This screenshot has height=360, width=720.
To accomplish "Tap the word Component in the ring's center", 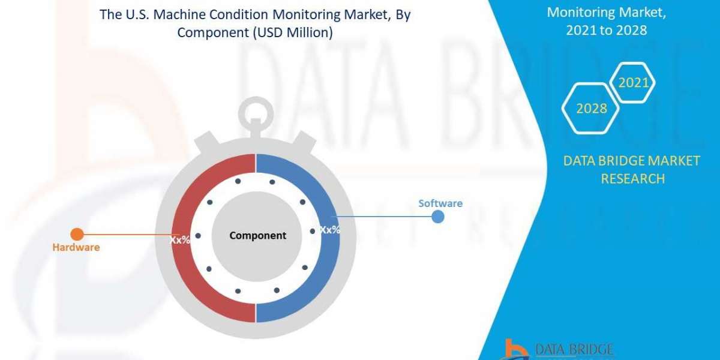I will pyautogui.click(x=258, y=236).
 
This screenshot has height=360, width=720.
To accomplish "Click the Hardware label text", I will pyautogui.click(x=76, y=247).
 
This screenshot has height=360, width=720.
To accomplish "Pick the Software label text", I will pyautogui.click(x=440, y=203).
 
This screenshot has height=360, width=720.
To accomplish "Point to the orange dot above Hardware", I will pyautogui.click(x=77, y=235).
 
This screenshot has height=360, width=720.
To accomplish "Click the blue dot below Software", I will pyautogui.click(x=439, y=217).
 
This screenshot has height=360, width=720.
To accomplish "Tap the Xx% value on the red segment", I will pyautogui.click(x=179, y=239).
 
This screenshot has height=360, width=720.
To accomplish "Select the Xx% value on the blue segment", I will pyautogui.click(x=329, y=230).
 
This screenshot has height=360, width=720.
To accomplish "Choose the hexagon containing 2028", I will pyautogui.click(x=591, y=109).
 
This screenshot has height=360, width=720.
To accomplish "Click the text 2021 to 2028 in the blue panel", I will pyautogui.click(x=606, y=30).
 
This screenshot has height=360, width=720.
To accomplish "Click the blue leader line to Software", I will pyautogui.click(x=384, y=217).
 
